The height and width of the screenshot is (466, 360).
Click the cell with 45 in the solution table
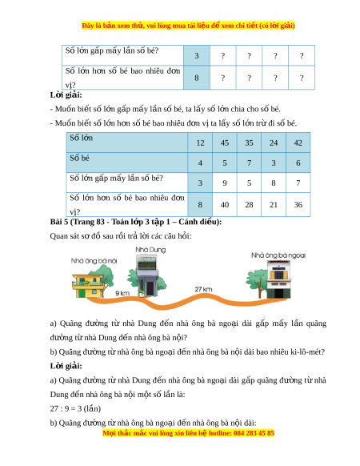pyautogui.click(x=225, y=143)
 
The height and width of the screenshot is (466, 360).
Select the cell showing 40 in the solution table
pyautogui.click(x=225, y=204)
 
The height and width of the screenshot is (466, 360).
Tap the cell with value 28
pyautogui.click(x=249, y=204)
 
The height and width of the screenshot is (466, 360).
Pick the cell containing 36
pyautogui.click(x=298, y=204)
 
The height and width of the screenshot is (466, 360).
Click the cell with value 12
pyautogui.click(x=200, y=143)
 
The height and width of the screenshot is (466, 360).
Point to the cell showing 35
pyautogui.click(x=249, y=143)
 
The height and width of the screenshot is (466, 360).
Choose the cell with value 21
pyautogui.click(x=274, y=204)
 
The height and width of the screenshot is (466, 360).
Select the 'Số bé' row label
pyautogui.click(x=79, y=158)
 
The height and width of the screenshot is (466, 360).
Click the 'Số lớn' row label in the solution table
pyautogui.click(x=81, y=138)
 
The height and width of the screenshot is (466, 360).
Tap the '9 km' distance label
pyautogui.click(x=122, y=293)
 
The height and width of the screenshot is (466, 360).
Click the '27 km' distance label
pyautogui.click(x=203, y=289)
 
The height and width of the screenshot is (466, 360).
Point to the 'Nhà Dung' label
pyautogui.click(x=150, y=250)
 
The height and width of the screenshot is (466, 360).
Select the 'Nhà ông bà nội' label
pyautogui.click(x=94, y=261)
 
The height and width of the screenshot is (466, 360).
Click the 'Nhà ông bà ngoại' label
pyautogui.click(x=278, y=255)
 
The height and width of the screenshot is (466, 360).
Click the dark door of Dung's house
pyautogui.click(x=150, y=288)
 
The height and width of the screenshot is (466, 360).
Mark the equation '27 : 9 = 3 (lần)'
pyautogui.click(x=75, y=408)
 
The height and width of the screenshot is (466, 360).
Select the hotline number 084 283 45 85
pyautogui.click(x=254, y=433)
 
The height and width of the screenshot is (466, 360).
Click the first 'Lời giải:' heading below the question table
pyautogui.click(x=66, y=95)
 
